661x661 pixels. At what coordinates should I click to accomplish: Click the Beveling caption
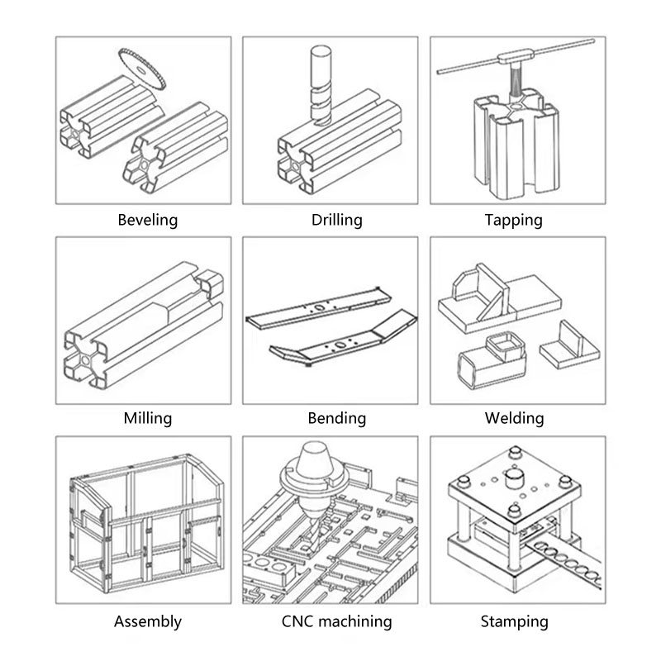pos(148,220)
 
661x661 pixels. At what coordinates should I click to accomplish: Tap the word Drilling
pos(337,220)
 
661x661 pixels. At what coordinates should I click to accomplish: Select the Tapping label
pos(513,220)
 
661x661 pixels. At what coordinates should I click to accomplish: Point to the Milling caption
pos(148,418)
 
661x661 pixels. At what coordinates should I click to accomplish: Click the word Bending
pos(337,418)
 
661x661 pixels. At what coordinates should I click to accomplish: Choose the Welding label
pos(514,418)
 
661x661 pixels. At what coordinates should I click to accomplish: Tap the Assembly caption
pos(148,621)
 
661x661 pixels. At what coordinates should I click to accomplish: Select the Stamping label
pos(514,621)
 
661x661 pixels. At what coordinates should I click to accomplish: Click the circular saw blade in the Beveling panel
pos(141,69)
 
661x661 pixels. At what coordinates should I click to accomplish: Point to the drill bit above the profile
pos(321,85)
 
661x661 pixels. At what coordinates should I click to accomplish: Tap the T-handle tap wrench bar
pos(516,56)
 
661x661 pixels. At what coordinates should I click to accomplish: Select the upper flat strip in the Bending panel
pos(319,307)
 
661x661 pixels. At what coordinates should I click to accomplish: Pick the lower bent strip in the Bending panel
pos(344,340)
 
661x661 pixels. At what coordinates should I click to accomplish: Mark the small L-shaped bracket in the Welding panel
pos(569,345)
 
